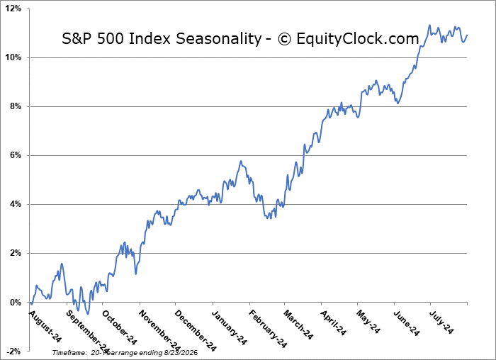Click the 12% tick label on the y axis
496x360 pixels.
point(13,9)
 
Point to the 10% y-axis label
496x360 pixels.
point(13,57)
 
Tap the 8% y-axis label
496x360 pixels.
point(15,106)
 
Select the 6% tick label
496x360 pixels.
point(15,155)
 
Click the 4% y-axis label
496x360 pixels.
point(15,204)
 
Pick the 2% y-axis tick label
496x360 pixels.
point(15,254)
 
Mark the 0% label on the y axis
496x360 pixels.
point(15,303)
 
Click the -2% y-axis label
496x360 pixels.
point(14,351)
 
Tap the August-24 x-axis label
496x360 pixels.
point(45,326)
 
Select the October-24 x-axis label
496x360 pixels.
point(120,327)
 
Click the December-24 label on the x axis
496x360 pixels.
point(196,330)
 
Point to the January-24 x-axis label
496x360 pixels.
point(230,327)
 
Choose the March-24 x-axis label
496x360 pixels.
point(298,325)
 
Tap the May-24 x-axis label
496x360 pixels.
point(368,322)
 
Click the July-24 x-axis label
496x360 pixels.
point(441,322)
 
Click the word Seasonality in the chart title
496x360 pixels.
point(218,39)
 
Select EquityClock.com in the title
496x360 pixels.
point(358,39)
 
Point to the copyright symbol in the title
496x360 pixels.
point(284,39)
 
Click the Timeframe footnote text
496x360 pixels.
point(125,352)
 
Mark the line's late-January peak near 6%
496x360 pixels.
point(241,161)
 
